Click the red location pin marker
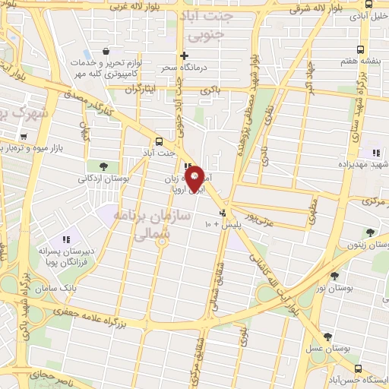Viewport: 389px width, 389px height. (x=195, y=179)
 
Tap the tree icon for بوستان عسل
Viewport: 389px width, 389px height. (x=327, y=337)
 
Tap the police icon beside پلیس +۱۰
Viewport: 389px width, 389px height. (x=222, y=213)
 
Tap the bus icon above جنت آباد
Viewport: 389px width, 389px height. (x=159, y=141)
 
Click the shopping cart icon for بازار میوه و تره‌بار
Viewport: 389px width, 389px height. (x=24, y=138)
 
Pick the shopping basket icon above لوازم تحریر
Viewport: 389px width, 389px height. (x=115, y=51)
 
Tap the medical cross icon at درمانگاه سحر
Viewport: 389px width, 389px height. (x=183, y=55)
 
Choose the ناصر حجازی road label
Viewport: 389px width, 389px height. (x=57, y=375)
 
